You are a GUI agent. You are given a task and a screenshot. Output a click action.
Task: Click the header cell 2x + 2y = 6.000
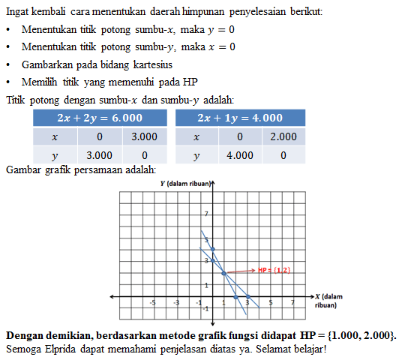[100, 118]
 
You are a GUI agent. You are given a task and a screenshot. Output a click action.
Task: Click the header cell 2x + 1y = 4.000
[239, 118]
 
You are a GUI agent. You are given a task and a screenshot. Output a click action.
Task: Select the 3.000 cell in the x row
[144, 137]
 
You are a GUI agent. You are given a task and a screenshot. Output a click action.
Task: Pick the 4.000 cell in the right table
[239, 156]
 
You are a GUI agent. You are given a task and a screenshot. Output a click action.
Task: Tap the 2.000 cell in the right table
[283, 137]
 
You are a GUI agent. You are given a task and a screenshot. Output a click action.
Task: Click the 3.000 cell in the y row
[100, 156]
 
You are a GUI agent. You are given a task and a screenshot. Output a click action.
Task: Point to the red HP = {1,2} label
[274, 270]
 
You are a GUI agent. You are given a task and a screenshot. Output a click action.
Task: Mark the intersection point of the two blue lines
[224, 273]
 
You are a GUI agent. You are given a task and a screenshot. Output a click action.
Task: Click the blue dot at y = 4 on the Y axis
[213, 248]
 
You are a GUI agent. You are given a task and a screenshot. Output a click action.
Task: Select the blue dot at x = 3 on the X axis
[236, 297]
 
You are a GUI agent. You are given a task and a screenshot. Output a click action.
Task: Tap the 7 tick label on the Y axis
[208, 214]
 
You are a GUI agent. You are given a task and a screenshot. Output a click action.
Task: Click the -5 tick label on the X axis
[154, 302]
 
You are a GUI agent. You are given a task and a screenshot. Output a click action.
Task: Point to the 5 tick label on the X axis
[271, 302]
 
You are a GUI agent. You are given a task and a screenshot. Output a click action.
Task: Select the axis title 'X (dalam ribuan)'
[329, 301]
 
